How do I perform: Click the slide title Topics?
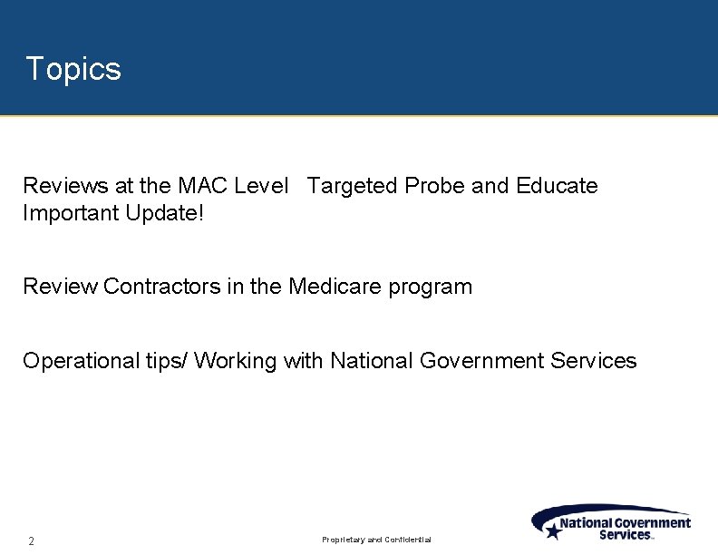[73, 69]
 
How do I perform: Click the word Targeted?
[352, 186]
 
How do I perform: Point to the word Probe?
[435, 186]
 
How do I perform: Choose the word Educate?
[557, 186]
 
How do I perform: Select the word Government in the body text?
[481, 361]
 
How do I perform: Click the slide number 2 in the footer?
[31, 541]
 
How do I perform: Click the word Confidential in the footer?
[408, 540]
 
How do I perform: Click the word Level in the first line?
[261, 186]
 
